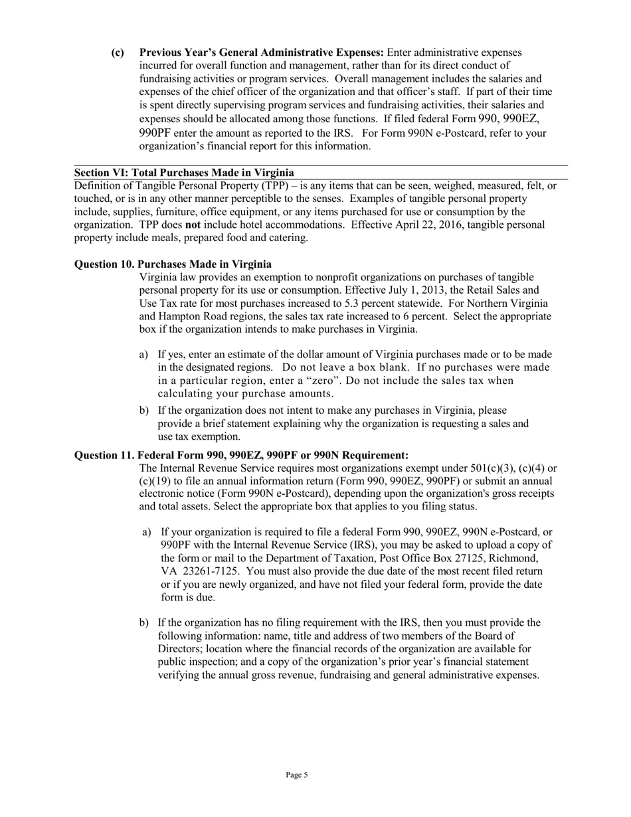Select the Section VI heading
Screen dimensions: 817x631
pyautogui.click(x=184, y=173)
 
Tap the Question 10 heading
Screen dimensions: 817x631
pyautogui.click(x=173, y=264)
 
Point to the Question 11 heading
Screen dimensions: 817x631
pyautogui.click(x=241, y=455)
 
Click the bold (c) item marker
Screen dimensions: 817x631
pyautogui.click(x=118, y=52)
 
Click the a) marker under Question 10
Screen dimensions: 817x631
pyautogui.click(x=143, y=355)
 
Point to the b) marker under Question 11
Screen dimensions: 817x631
pyautogui.click(x=143, y=622)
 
